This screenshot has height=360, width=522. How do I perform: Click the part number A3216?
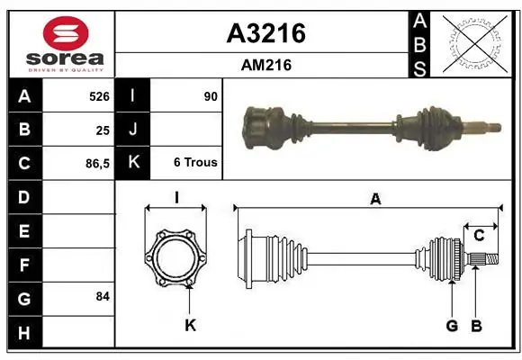coord(266,33)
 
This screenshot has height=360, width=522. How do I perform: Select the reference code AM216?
coord(266,65)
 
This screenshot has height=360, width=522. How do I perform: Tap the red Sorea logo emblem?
coord(66,33)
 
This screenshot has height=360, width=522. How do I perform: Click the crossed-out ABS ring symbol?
coord(475,44)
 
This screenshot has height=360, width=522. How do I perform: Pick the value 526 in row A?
coord(99,96)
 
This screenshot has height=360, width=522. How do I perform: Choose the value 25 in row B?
coord(103,130)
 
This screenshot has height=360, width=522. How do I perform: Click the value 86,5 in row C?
coord(97,164)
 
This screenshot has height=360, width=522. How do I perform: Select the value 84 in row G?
coord(103,296)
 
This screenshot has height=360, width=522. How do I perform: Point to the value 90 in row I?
coord(211,96)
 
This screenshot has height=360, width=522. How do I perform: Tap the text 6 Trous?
coord(195,162)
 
